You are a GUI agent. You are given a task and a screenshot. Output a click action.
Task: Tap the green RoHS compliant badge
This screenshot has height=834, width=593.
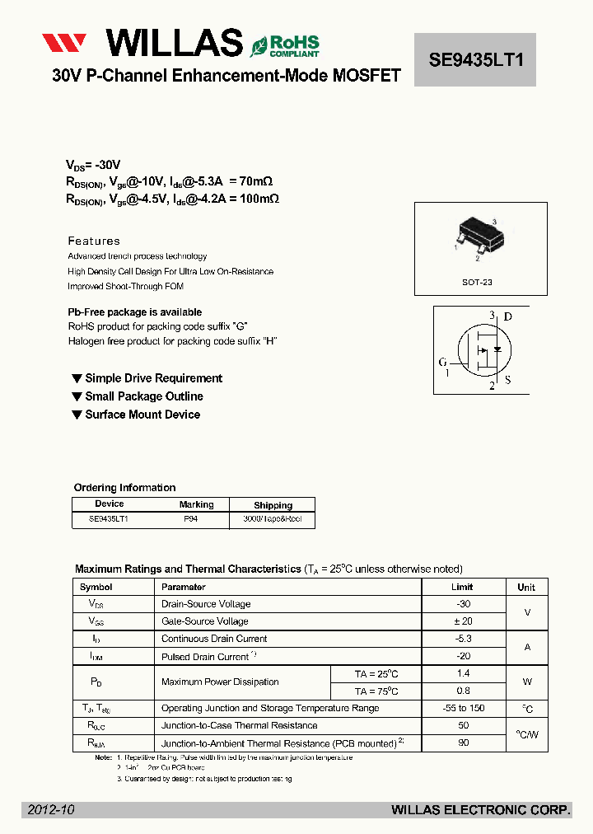(x=285, y=45)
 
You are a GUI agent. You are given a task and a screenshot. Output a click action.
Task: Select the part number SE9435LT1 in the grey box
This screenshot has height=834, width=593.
(x=476, y=59)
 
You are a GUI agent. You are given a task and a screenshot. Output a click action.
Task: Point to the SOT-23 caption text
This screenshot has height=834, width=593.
(x=477, y=282)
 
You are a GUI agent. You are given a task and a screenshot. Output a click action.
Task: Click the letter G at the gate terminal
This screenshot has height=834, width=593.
(x=443, y=362)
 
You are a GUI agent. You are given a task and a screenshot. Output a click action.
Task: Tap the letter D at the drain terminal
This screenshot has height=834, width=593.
(x=508, y=316)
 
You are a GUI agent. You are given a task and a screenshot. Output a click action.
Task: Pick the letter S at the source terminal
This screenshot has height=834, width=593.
(x=508, y=381)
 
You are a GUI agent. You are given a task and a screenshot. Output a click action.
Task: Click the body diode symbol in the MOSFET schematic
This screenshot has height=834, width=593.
(x=497, y=349)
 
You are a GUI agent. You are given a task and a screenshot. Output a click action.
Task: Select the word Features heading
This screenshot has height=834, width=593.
(x=94, y=241)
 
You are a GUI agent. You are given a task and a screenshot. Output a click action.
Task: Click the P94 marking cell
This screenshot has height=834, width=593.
(x=191, y=520)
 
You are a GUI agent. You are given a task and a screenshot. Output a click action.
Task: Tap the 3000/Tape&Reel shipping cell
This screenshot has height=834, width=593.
(x=273, y=520)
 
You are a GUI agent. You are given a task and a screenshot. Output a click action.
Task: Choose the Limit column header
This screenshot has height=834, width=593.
(x=462, y=587)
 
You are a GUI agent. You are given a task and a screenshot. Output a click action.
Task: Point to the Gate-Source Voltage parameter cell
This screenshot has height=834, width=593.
(x=205, y=621)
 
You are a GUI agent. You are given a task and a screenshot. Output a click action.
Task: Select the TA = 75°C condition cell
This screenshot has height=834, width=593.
(x=376, y=691)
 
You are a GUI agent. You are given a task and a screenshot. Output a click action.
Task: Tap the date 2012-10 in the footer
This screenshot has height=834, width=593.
(x=51, y=810)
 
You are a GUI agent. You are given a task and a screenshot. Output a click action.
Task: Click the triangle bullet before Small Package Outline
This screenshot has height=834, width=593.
(x=77, y=396)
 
